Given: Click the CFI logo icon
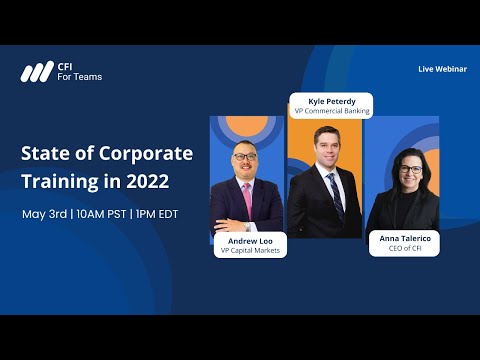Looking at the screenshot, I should click(x=37, y=72).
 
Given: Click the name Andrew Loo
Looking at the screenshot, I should click(x=250, y=240).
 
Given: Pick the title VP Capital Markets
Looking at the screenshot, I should click(x=250, y=250).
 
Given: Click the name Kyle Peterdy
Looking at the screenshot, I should click(x=331, y=101).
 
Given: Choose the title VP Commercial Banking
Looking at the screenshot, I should click(x=331, y=111).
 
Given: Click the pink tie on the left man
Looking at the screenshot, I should click(x=246, y=201).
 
